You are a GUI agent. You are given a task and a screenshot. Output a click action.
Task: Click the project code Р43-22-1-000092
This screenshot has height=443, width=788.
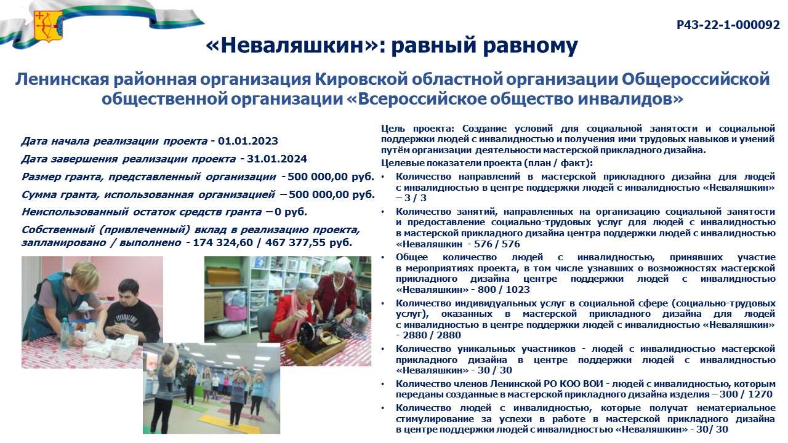(x=728, y=25)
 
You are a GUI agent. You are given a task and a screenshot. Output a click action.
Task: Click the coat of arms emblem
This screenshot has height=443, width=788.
(x=48, y=26)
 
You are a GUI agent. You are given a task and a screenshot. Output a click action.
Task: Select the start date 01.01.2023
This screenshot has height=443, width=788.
(x=248, y=142)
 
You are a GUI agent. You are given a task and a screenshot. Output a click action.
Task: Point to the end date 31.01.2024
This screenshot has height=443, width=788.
(x=277, y=159)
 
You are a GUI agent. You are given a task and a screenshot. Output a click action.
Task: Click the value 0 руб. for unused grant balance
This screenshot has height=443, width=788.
(x=291, y=212)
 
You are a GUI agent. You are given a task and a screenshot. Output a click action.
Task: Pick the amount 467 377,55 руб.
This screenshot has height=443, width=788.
(x=308, y=242)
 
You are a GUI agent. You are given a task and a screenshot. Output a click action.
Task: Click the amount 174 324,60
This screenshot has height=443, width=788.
(x=223, y=242)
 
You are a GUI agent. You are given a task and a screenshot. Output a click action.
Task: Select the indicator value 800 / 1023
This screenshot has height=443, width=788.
(x=504, y=290)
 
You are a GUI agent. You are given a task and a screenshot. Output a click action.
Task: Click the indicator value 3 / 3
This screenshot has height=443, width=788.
(x=415, y=198)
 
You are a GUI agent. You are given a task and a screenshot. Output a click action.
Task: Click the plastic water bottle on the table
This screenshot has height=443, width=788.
(x=65, y=333)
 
